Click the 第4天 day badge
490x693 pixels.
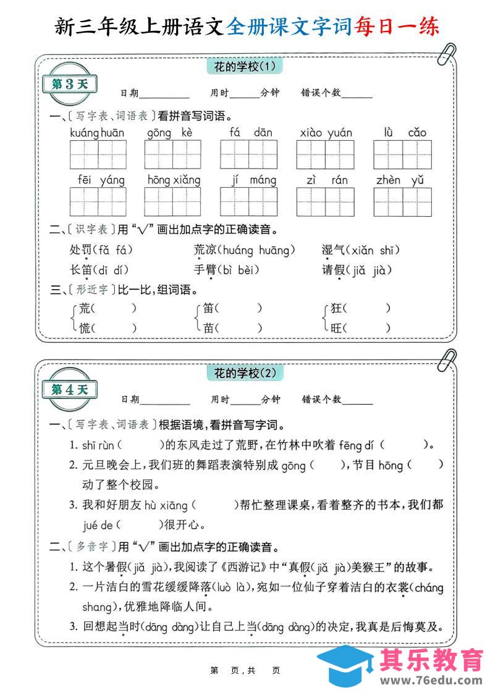tap(69, 390)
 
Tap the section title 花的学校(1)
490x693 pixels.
tap(244, 66)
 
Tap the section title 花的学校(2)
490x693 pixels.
tap(244, 373)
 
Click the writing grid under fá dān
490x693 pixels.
tap(249, 154)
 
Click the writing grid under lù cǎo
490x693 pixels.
tap(402, 154)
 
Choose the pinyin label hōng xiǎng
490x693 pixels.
tap(174, 180)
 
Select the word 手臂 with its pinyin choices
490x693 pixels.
tap(226, 270)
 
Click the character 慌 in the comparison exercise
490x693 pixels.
tap(85, 328)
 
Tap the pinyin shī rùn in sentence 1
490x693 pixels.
tap(98, 445)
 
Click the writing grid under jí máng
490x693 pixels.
tap(249, 201)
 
